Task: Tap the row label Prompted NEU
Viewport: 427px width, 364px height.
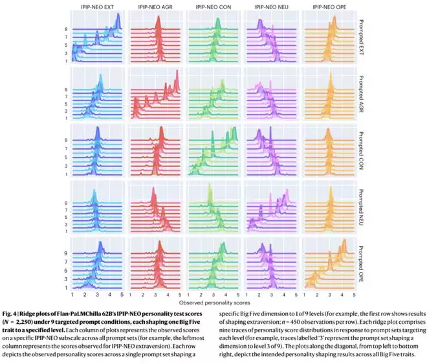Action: [x=360, y=208]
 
